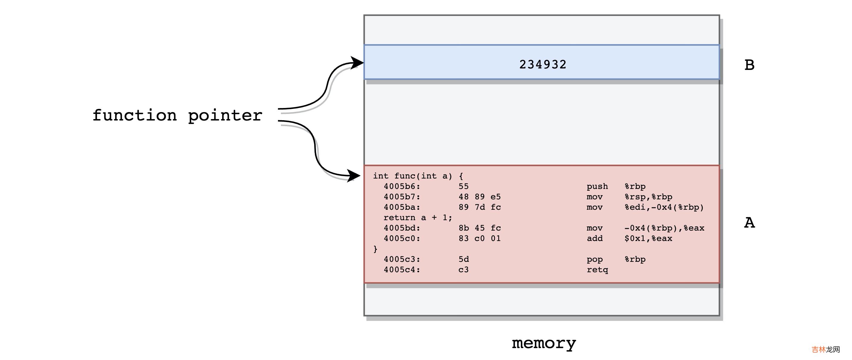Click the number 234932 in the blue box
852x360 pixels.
coord(543,65)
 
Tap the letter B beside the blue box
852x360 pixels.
coord(749,65)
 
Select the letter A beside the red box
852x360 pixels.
coord(749,223)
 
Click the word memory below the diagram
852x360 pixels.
coord(544,343)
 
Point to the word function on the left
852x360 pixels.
coord(135,115)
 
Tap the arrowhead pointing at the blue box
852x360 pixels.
coord(357,62)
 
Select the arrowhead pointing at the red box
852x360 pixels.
coord(354,175)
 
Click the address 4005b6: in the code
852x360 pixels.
coord(402,187)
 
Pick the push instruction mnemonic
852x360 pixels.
coord(597,187)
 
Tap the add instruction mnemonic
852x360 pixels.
coord(595,239)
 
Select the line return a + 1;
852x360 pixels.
coord(418,218)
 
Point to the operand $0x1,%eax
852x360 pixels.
coord(648,239)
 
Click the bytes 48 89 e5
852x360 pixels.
coord(480,197)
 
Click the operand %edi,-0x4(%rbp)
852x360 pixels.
coord(664,207)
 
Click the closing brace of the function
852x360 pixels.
coord(375,249)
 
